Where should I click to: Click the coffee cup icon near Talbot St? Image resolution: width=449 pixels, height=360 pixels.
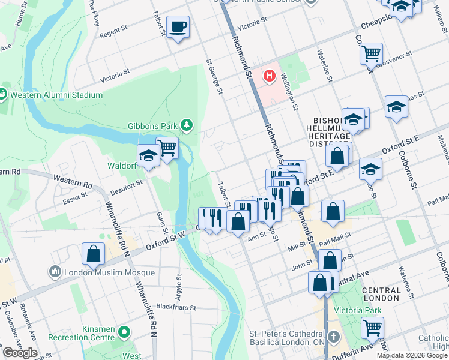click(x=178, y=28)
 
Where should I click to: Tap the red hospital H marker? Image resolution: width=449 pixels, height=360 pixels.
click(x=270, y=76)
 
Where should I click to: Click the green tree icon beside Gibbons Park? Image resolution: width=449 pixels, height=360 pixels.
click(x=188, y=124)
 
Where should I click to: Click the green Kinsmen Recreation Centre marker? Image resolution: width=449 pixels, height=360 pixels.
click(x=124, y=331)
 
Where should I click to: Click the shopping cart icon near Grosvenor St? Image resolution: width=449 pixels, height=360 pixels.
click(x=371, y=53)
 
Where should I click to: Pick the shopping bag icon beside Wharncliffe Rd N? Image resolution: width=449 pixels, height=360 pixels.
click(x=94, y=254)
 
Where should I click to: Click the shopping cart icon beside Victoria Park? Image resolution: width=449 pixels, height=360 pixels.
click(x=372, y=328)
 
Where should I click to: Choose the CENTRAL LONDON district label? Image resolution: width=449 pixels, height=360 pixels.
click(x=382, y=294)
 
